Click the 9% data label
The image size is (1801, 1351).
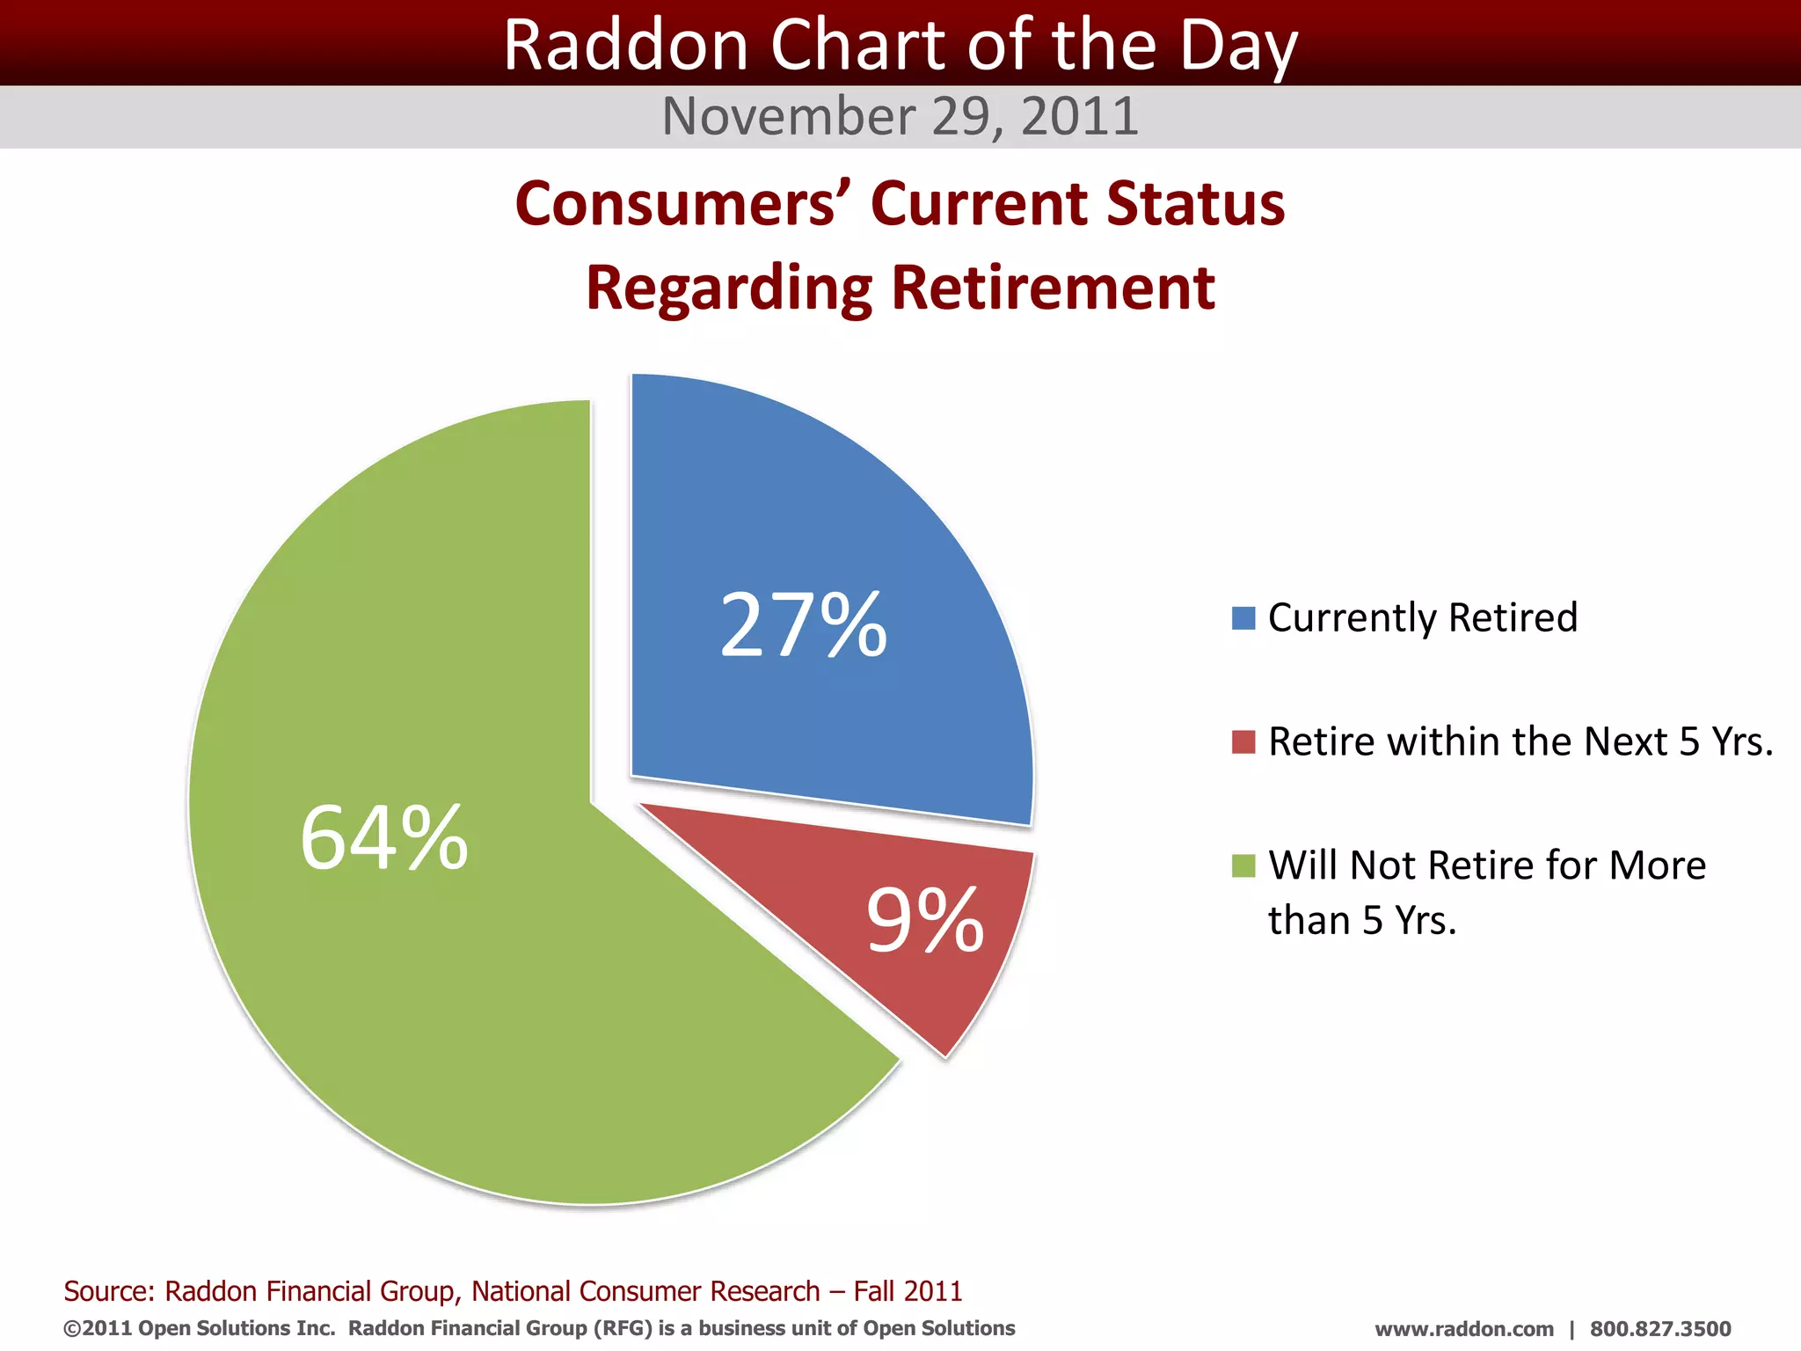pyautogui.click(x=925, y=920)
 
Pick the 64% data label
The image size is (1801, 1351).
pyautogui.click(x=384, y=838)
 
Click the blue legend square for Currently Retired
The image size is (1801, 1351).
pyautogui.click(x=1243, y=618)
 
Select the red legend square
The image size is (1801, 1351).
pyautogui.click(x=1243, y=741)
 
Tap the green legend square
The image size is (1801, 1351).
pyautogui.click(x=1243, y=865)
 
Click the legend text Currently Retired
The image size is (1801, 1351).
pyautogui.click(x=1423, y=617)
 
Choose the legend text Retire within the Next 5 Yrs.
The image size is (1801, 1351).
pyautogui.click(x=1520, y=741)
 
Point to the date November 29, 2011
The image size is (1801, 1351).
pyautogui.click(x=900, y=116)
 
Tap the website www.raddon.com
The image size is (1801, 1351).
pyautogui.click(x=1464, y=1329)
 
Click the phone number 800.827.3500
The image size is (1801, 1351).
pyautogui.click(x=1660, y=1329)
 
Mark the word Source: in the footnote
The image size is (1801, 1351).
pyautogui.click(x=109, y=1291)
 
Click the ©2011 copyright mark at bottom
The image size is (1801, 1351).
pyautogui.click(x=98, y=1328)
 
